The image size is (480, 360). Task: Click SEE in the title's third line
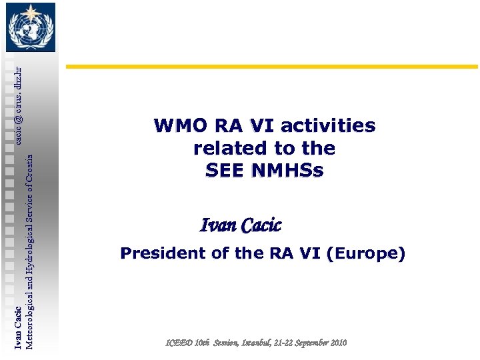coord(225,171)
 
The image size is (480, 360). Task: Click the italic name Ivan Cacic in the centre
coord(241,226)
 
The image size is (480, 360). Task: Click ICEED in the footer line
coord(179,343)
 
